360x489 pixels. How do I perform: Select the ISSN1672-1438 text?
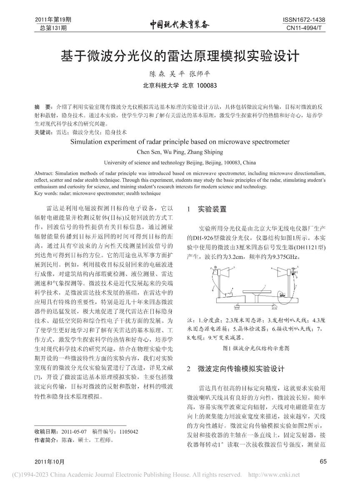click(304, 20)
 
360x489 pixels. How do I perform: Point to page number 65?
click(322, 461)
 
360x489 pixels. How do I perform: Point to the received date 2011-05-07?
click(74, 432)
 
